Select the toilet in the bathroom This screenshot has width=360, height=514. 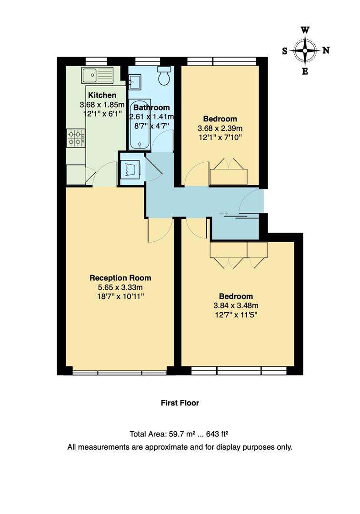tap(164, 76)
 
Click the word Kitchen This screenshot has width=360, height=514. tap(102, 96)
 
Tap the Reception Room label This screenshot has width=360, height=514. tap(120, 278)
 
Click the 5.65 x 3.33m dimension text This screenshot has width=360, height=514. tap(120, 287)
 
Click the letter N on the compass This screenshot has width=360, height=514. tap(326, 50)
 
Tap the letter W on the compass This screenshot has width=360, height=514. tap(305, 30)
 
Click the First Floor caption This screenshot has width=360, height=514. tap(180, 403)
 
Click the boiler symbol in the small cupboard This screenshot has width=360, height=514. tap(130, 168)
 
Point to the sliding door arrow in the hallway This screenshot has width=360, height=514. tap(223, 213)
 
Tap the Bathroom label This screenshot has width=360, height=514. tap(151, 108)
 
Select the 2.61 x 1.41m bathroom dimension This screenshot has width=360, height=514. tap(151, 117)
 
